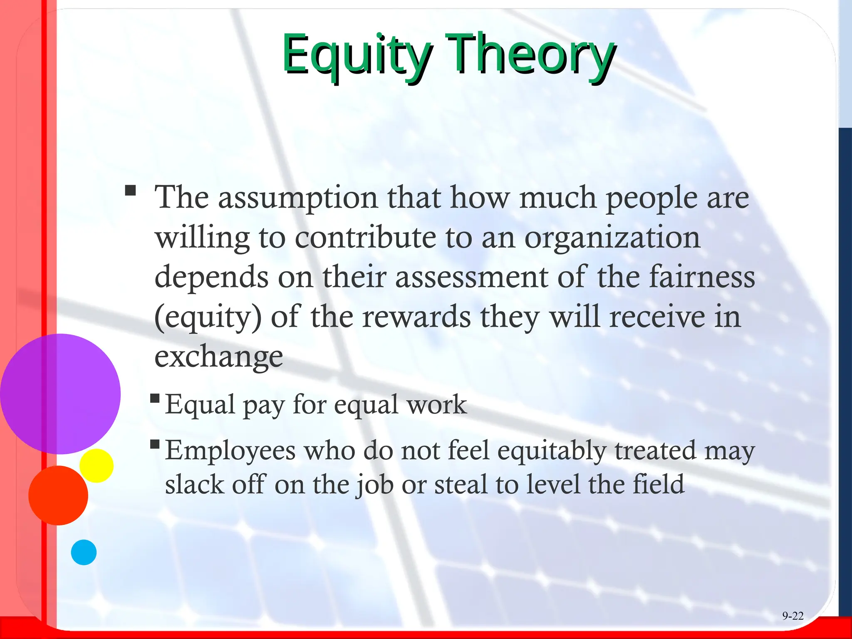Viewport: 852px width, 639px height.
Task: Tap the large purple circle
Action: coord(60,394)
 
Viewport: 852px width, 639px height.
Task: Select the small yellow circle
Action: coord(97,466)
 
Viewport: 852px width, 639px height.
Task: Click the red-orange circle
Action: coord(58,495)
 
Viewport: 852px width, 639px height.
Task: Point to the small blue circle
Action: coord(84,552)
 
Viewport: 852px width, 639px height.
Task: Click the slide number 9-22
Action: coord(793,616)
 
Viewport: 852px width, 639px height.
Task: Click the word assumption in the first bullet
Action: coord(298,198)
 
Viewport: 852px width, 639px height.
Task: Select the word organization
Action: coord(612,238)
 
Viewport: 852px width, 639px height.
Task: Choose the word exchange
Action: coord(218,357)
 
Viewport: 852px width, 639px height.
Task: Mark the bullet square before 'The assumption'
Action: coord(131,191)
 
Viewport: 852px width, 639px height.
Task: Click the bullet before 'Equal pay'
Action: coord(155,398)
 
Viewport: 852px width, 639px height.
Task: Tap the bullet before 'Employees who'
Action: coord(155,444)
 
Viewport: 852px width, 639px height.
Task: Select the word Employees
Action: coord(230,451)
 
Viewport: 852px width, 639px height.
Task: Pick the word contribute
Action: coord(366,238)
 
